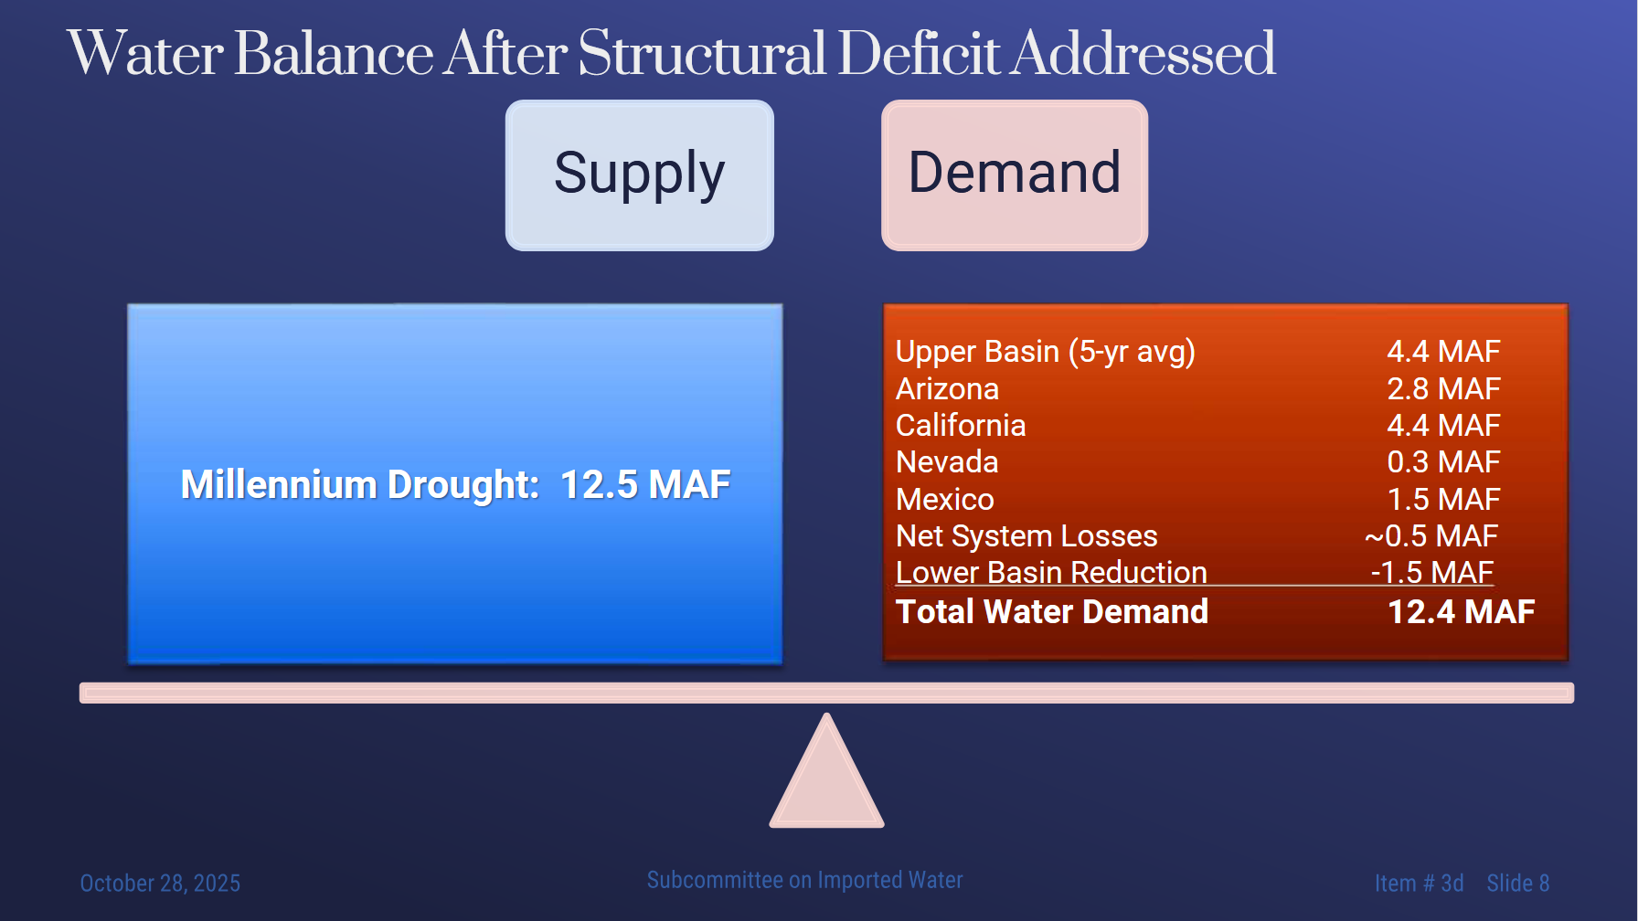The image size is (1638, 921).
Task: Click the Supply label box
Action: coord(640,175)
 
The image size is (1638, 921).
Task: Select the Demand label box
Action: coord(1015,175)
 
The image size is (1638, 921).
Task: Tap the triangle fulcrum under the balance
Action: coord(827,772)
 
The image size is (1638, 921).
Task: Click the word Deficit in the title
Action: coord(918,53)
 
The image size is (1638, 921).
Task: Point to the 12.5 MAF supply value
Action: coord(645,484)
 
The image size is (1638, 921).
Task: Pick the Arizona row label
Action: coord(947,388)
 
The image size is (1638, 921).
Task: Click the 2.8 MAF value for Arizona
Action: coord(1443,388)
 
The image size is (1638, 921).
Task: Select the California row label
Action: coord(961,425)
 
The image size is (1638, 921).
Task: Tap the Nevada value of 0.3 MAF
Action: coord(1443,461)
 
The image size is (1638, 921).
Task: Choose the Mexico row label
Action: coord(945,499)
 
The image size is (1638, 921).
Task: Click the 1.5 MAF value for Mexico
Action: coord(1443,499)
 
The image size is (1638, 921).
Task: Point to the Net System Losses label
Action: coord(1026,535)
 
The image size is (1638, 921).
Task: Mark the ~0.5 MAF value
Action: coord(1431,535)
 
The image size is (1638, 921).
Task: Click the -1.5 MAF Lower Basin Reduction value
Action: coord(1432,572)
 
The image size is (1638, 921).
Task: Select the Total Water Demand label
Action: coord(1052,611)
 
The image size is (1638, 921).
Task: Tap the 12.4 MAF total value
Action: coord(1461,611)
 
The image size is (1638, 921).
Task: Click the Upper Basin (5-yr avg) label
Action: coord(1046,352)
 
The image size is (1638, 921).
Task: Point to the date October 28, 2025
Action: coord(160,883)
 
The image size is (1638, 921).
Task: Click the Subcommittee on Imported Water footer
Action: coord(804,880)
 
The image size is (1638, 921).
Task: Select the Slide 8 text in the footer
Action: coord(1517,883)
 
